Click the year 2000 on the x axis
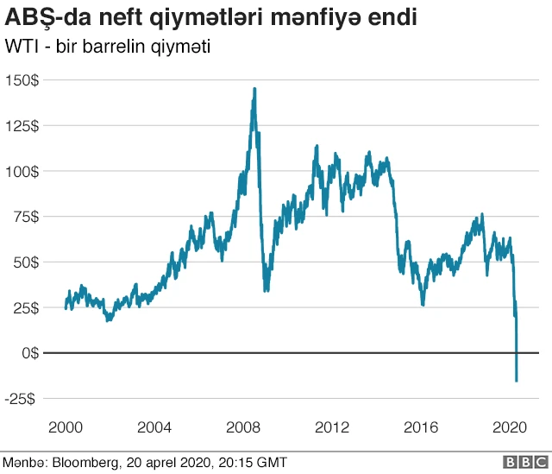(x=65, y=427)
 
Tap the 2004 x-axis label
(x=154, y=427)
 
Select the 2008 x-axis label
(x=242, y=427)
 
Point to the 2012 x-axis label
(x=332, y=427)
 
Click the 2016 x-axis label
(x=421, y=427)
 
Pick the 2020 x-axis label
(x=510, y=427)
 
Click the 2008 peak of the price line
(x=254, y=88)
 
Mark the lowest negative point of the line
(x=517, y=381)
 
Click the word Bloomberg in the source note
(x=84, y=463)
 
